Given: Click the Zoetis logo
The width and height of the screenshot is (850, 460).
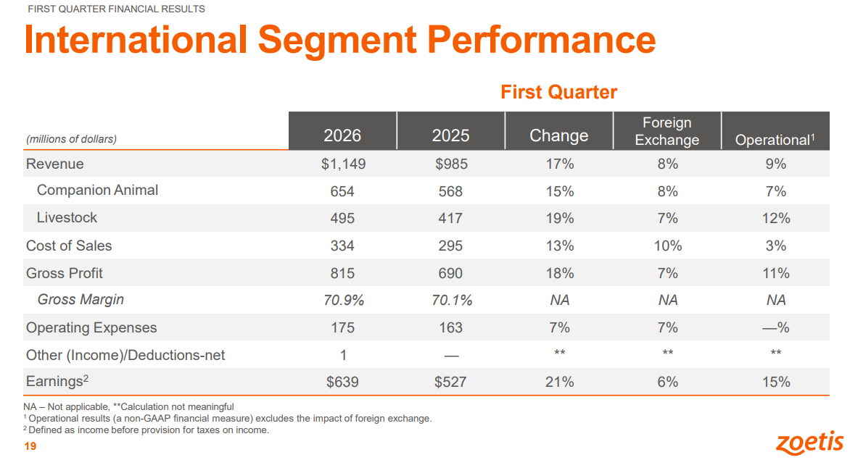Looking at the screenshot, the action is (x=810, y=443).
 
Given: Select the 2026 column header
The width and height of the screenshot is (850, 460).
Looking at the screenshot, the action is (x=342, y=135).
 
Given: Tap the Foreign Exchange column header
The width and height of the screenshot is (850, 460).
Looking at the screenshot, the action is (x=667, y=132).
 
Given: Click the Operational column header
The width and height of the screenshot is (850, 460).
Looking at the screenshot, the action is (x=775, y=140).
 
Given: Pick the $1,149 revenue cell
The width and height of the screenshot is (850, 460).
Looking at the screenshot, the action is (x=343, y=164).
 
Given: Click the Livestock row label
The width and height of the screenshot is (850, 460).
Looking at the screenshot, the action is (x=67, y=217).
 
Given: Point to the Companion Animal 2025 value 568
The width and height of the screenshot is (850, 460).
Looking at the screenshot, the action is (x=450, y=191).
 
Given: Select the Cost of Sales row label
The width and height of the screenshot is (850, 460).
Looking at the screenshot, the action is (x=69, y=246).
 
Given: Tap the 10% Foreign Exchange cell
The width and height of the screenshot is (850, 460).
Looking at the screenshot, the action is (x=668, y=246).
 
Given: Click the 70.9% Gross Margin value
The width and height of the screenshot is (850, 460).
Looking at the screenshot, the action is (x=344, y=301).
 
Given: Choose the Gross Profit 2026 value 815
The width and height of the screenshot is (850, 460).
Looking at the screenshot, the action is (x=342, y=273).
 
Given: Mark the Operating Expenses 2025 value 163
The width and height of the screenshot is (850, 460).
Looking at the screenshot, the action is (x=450, y=328).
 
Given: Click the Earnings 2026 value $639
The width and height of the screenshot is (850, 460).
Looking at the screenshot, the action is (x=342, y=382).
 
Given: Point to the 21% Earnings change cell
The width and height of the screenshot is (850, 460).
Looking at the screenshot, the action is (x=559, y=382).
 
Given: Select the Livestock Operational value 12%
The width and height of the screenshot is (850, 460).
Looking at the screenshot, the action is (x=776, y=219).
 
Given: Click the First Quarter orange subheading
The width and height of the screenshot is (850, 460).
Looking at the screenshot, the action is (x=559, y=92).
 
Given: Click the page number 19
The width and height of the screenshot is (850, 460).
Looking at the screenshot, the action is (x=30, y=446).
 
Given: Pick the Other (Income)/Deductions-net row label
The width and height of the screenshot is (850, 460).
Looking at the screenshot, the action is (x=125, y=355).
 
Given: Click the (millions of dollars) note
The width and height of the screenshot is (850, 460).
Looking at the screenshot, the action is (x=71, y=139).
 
